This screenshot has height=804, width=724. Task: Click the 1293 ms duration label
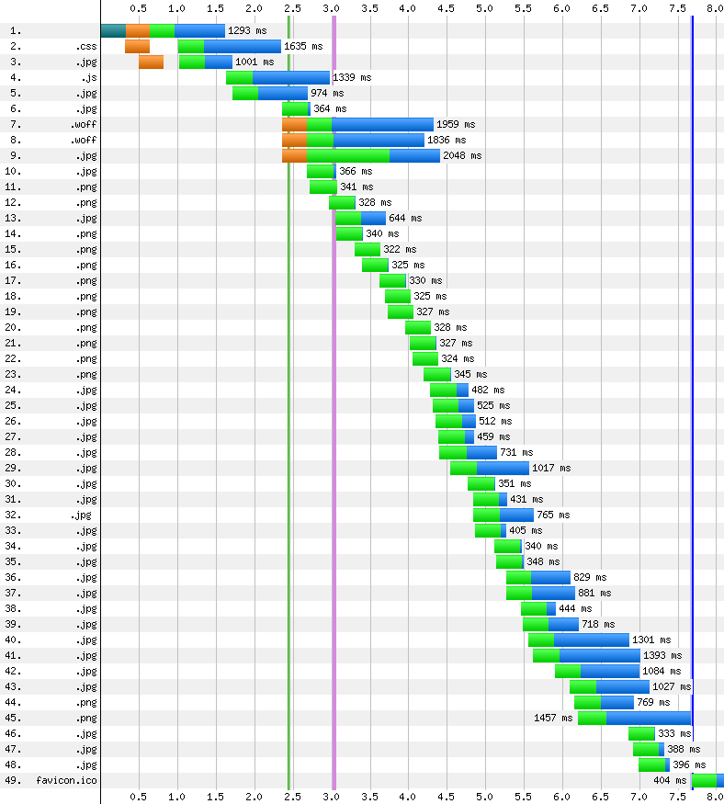point(247,30)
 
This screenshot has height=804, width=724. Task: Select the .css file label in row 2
point(85,47)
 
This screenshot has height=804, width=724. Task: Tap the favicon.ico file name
point(66,780)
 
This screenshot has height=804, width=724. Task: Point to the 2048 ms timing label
point(462,156)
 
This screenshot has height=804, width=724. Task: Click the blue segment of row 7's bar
point(382,125)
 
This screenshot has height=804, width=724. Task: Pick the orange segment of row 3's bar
point(152,62)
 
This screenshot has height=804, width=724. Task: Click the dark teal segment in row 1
point(113,30)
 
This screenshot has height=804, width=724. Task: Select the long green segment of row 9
point(348,156)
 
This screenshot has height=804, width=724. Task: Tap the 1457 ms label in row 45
point(553,718)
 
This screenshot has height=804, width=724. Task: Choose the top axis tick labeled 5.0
point(484,8)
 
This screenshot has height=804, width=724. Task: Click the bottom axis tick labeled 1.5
point(215,797)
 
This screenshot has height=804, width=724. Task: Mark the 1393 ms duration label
point(662,656)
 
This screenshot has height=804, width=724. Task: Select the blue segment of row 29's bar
point(503,468)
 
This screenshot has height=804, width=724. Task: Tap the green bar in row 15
point(368,250)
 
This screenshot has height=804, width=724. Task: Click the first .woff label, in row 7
point(83,125)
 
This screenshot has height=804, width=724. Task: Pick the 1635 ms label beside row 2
point(303,47)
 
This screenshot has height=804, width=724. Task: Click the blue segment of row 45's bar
point(649,718)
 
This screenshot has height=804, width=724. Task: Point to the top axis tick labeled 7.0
point(639,8)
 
